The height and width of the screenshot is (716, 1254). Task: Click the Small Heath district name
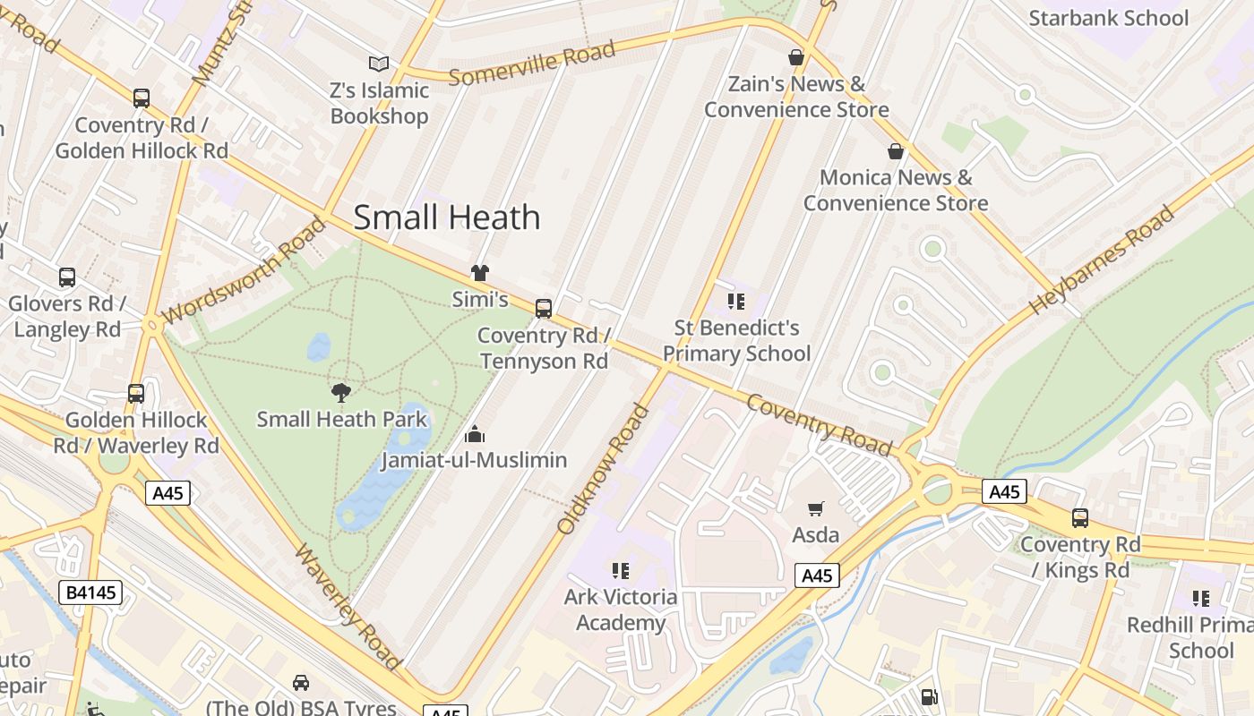[x=447, y=217]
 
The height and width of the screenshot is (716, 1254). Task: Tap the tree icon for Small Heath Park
[x=340, y=391]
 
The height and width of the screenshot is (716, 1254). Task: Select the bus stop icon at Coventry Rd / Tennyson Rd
[x=543, y=309]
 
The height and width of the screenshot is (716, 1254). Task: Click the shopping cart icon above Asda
[x=815, y=508]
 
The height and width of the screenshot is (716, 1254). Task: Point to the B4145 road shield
[x=90, y=592]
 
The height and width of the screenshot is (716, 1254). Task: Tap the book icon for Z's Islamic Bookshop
[x=379, y=64]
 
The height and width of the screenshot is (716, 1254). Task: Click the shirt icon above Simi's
[x=480, y=273]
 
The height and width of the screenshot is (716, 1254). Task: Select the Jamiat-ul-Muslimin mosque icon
[x=474, y=434]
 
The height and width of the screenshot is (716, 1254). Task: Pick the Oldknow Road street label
[x=603, y=469]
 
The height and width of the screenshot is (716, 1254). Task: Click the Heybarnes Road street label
[x=1101, y=260]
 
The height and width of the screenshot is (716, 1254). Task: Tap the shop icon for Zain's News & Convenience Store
[x=795, y=57]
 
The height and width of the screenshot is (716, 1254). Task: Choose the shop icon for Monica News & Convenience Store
[x=895, y=151]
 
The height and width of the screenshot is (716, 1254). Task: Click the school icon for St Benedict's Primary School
[x=736, y=301]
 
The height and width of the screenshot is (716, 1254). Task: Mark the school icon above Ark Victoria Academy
[x=620, y=570]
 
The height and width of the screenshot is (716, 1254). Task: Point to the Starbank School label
[x=1108, y=18]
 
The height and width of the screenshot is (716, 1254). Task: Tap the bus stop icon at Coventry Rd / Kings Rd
[x=1079, y=517]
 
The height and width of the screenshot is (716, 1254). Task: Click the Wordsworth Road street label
[x=245, y=270]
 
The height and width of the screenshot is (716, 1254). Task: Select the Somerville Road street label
[x=532, y=63]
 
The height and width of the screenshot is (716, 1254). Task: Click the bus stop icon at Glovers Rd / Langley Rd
[x=67, y=277]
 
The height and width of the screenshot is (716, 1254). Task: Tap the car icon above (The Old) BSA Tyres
[x=301, y=682]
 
